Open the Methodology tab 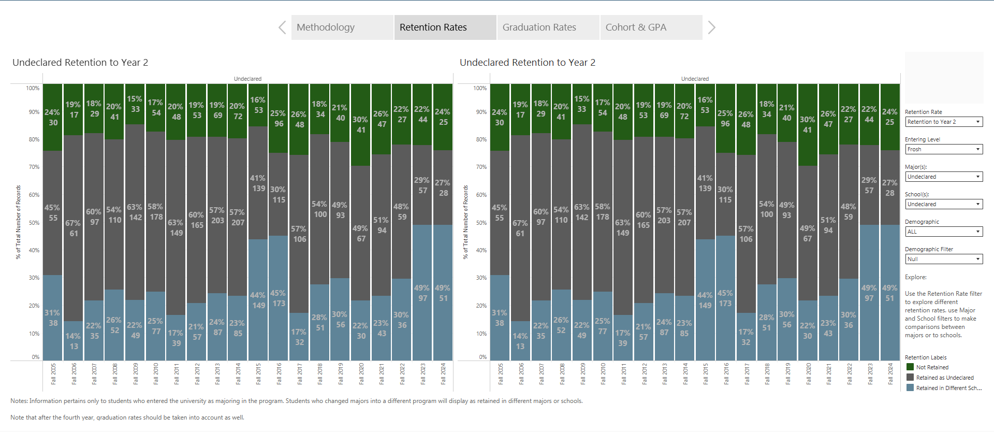tap(342, 27)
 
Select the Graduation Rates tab tap(548, 27)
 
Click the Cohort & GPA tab tap(650, 27)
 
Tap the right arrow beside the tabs tap(712, 27)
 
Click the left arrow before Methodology tap(282, 27)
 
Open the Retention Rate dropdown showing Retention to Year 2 tap(944, 122)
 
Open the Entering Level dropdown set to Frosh tap(944, 149)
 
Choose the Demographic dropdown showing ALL tap(944, 232)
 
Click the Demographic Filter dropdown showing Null tap(944, 259)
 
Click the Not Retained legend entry tap(932, 367)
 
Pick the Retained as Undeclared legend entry tap(944, 378)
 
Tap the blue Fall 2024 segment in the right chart tap(890, 321)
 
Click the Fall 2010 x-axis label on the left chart tap(156, 373)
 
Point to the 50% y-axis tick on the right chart tap(481, 223)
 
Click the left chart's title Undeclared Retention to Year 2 tap(80, 63)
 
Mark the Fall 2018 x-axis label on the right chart tap(767, 373)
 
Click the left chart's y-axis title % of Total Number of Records tap(19, 222)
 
